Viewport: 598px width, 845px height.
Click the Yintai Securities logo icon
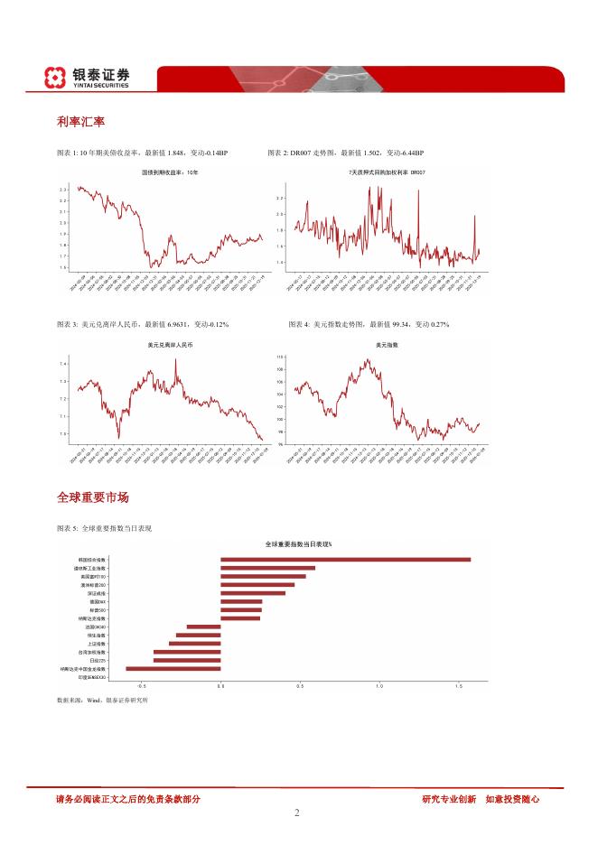pos(56,79)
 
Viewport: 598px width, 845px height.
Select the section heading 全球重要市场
pos(92,497)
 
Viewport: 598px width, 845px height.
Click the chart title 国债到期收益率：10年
pos(169,172)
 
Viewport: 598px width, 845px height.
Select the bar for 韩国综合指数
pos(345,560)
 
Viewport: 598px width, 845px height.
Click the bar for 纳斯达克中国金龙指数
pos(173,669)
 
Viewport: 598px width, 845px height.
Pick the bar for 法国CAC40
pos(203,626)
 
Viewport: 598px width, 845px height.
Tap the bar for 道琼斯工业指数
pos(267,568)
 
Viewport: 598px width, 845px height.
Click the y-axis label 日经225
pos(98,660)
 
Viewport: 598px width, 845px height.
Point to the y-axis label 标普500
pos(98,609)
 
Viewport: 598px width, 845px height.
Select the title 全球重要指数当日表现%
pos(298,544)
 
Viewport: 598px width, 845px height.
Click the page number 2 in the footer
pos(296,812)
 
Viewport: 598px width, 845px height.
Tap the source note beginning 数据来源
pos(101,700)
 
